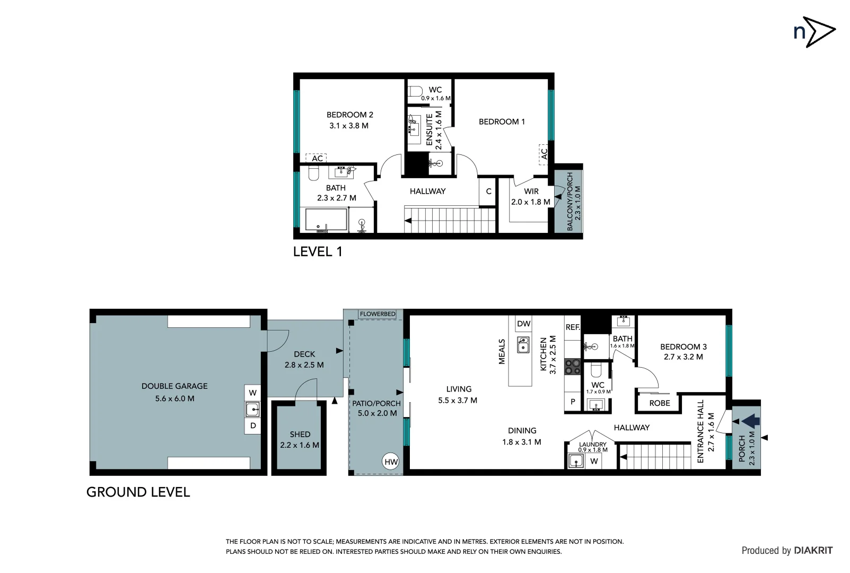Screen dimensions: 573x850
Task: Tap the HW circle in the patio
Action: pyautogui.click(x=391, y=462)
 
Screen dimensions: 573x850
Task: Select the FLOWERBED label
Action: pyautogui.click(x=378, y=314)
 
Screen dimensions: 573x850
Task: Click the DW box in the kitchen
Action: pyautogui.click(x=523, y=324)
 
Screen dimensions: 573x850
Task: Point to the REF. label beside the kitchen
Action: pyautogui.click(x=573, y=327)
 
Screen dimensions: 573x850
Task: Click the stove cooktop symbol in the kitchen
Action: pyautogui.click(x=573, y=367)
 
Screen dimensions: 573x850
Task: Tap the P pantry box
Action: pyautogui.click(x=573, y=402)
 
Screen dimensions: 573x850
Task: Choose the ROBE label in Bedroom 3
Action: pyautogui.click(x=659, y=403)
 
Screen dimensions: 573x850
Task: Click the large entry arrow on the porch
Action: pyautogui.click(x=751, y=421)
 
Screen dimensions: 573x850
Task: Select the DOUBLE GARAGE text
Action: pyautogui.click(x=174, y=386)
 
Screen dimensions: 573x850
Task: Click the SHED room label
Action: pyautogui.click(x=300, y=434)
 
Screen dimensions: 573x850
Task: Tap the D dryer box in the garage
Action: pyautogui.click(x=253, y=426)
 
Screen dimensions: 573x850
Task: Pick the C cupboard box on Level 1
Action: pyautogui.click(x=488, y=192)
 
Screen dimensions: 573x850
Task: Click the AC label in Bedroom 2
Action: pyautogui.click(x=317, y=158)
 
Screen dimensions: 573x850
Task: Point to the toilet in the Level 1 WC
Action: pyautogui.click(x=416, y=91)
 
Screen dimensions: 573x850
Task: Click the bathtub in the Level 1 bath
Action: pyautogui.click(x=326, y=220)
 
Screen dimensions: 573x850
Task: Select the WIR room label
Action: pyautogui.click(x=531, y=192)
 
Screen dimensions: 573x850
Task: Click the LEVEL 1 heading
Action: pyautogui.click(x=318, y=252)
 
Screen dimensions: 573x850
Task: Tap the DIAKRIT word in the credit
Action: pyautogui.click(x=813, y=550)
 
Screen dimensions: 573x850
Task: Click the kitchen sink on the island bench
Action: pyautogui.click(x=523, y=345)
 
